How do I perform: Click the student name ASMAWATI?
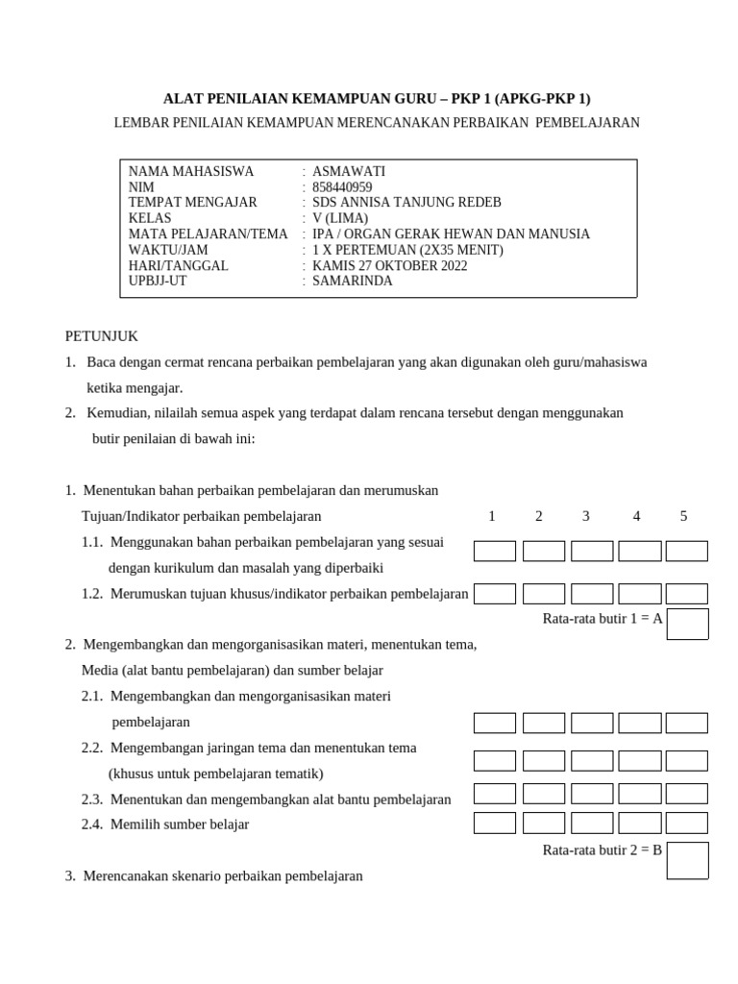coord(349,171)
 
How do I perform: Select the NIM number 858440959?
coord(342,187)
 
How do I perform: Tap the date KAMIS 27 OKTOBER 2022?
coord(390,265)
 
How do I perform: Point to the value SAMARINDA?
coord(353,282)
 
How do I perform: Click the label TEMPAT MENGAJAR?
coord(193,203)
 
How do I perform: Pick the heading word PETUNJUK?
coord(102,336)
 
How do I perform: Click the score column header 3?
coord(586,516)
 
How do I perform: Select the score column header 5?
coord(684,516)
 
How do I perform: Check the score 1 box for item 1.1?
coord(495,552)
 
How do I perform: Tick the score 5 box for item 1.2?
coord(687,594)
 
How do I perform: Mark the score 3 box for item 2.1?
coord(592,723)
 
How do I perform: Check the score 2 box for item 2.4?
coord(544,823)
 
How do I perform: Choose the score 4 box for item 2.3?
coord(640,794)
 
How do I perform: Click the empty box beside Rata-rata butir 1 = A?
coord(688,624)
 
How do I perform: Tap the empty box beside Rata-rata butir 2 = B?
coord(688,860)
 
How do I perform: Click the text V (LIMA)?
coord(340,218)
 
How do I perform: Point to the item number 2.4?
coord(92,824)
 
